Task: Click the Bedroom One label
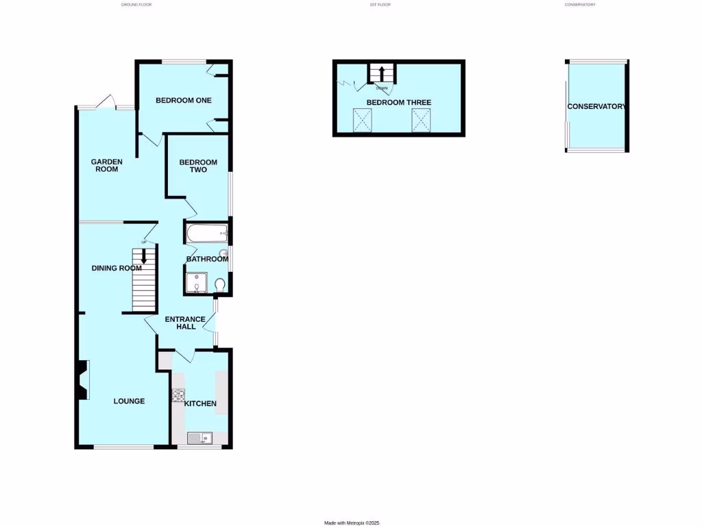pyautogui.click(x=183, y=101)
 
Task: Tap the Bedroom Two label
pyautogui.click(x=198, y=166)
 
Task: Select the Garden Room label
pyautogui.click(x=107, y=165)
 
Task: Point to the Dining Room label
pyautogui.click(x=116, y=268)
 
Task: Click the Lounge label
pyautogui.click(x=129, y=401)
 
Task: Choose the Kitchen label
pyautogui.click(x=200, y=403)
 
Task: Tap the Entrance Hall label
pyautogui.click(x=185, y=323)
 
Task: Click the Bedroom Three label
pyautogui.click(x=398, y=103)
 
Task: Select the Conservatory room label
pyautogui.click(x=596, y=107)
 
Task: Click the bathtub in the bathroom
pyautogui.click(x=206, y=234)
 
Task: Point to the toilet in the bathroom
pyautogui.click(x=219, y=284)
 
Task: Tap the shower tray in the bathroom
pyautogui.click(x=197, y=282)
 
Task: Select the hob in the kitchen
pyautogui.click(x=178, y=395)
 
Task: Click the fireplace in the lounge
pyautogui.click(x=83, y=381)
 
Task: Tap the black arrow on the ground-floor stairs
pyautogui.click(x=144, y=256)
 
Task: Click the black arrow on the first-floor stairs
pyautogui.click(x=381, y=73)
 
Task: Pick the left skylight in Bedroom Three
pyautogui.click(x=361, y=120)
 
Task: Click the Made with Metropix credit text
pyautogui.click(x=352, y=523)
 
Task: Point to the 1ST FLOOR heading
pyautogui.click(x=379, y=5)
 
